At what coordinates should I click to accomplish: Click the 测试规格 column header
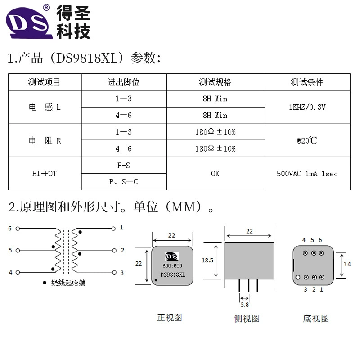tap(216, 82)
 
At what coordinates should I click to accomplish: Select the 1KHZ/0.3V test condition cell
tap(307, 107)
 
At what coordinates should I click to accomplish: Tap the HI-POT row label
tap(44, 174)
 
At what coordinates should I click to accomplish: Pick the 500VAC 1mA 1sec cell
tap(307, 174)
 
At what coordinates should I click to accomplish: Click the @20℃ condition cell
tap(307, 140)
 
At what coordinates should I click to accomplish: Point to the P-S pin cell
tap(123, 165)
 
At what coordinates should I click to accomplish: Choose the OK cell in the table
tap(215, 174)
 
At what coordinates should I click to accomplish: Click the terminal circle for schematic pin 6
tap(18, 229)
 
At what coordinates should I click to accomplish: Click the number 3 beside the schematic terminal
tap(122, 273)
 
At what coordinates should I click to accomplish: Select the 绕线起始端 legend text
tap(68, 283)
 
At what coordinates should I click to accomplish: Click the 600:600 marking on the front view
tap(172, 265)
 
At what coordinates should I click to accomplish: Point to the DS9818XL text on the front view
tap(173, 274)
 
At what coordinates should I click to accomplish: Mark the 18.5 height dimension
tap(207, 261)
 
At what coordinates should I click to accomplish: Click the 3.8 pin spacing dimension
tap(244, 305)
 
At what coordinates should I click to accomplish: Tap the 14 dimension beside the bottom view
tap(347, 264)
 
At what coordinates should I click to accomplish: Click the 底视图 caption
tap(316, 319)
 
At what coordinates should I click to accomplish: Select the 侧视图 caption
tap(247, 319)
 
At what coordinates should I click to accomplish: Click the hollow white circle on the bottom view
tap(298, 277)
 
